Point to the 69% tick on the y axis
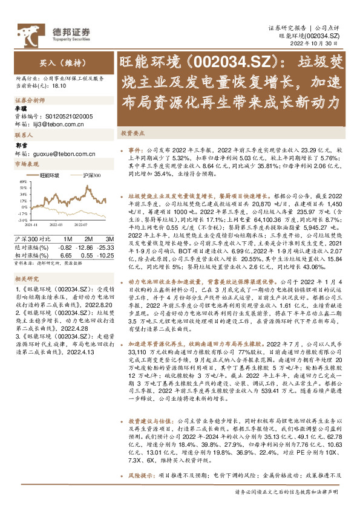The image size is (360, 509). tap(24, 181)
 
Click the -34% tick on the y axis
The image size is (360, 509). tap(24, 221)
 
